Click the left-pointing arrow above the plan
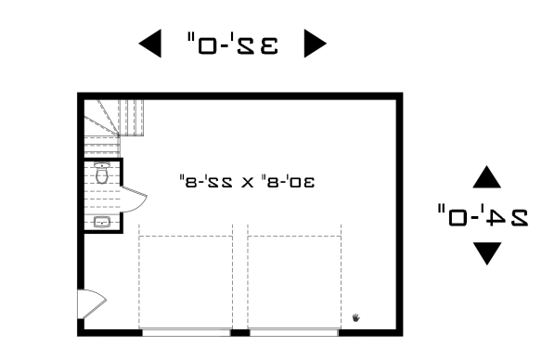pyautogui.click(x=148, y=43)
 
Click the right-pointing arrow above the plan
pyautogui.click(x=316, y=43)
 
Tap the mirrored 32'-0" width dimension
pyautogui.click(x=232, y=43)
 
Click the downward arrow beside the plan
pyautogui.click(x=486, y=253)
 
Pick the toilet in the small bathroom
pyautogui.click(x=103, y=173)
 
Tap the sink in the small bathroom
pyautogui.click(x=102, y=222)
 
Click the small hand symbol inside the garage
pyautogui.click(x=357, y=317)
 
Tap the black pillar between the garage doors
pyautogui.click(x=240, y=331)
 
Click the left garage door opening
pyautogui.click(x=186, y=331)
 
